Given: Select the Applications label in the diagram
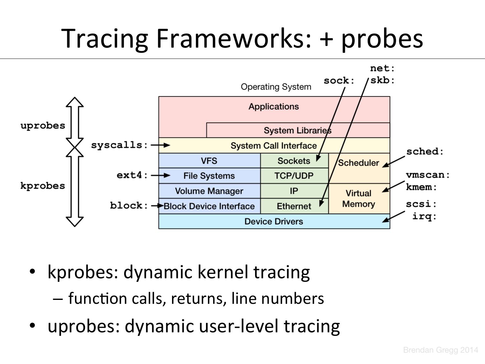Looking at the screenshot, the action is (x=274, y=106).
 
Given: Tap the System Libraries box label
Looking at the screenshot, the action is (x=298, y=130).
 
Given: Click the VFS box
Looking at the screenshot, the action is (x=209, y=161).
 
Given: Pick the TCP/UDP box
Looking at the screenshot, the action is (x=294, y=176).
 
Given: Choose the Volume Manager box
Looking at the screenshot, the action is (x=209, y=191).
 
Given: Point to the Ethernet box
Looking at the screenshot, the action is (x=294, y=206).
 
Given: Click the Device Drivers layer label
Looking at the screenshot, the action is (x=274, y=221).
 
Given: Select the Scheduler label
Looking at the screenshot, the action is (x=358, y=163).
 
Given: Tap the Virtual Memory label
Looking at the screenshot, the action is (x=358, y=198).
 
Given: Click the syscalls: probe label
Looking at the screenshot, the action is (x=119, y=145).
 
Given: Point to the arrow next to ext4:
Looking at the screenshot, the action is (x=161, y=175).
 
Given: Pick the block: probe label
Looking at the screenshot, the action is (x=129, y=205).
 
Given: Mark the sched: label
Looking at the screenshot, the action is (x=425, y=152).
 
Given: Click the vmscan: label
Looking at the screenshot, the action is (x=428, y=175).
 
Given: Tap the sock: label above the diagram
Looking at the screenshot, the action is (x=339, y=81).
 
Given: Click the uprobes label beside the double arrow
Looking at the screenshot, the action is (x=43, y=126).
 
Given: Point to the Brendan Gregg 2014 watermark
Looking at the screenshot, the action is (x=441, y=350).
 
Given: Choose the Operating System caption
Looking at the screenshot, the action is (x=276, y=87).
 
